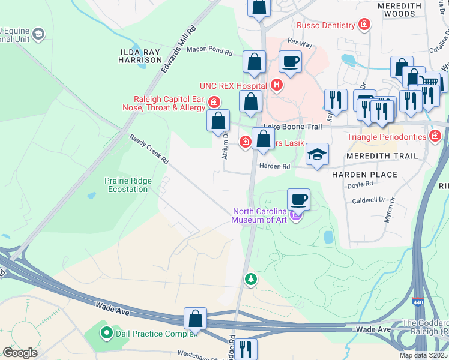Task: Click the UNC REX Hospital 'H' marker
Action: coord(276,85)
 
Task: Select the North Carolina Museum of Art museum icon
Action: coord(295,215)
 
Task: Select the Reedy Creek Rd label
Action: coord(149,149)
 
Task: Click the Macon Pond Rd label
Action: coord(209,52)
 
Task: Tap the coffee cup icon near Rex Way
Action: coord(290,62)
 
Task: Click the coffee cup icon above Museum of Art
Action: coord(298,200)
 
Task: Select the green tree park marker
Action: coord(250,279)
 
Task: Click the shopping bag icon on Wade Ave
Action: coord(196,319)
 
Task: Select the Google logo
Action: coord(20,353)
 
